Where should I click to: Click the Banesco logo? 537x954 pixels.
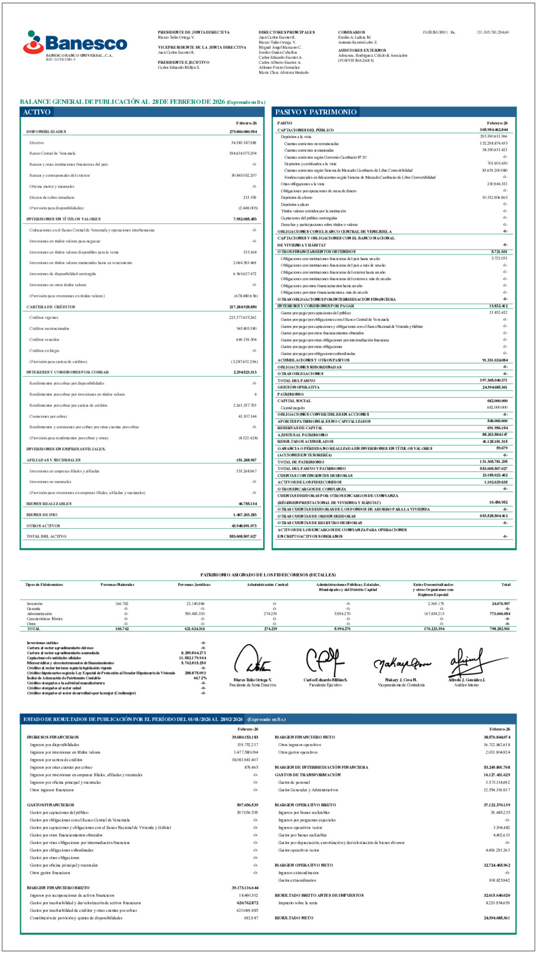click(75, 43)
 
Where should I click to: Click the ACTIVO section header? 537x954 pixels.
click(37, 112)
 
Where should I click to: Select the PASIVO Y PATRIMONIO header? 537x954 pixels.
click(316, 112)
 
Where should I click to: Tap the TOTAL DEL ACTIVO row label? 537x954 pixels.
click(46, 536)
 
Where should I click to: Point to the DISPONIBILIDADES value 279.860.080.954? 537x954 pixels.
click(243, 132)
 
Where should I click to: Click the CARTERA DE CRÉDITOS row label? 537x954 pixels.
click(51, 307)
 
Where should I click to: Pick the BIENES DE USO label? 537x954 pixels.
click(42, 515)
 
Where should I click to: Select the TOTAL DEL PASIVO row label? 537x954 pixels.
click(296, 381)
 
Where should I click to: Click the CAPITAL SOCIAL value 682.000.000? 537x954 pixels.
click(497, 401)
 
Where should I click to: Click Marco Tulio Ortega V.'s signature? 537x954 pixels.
click(252, 660)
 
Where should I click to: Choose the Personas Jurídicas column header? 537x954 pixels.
click(194, 584)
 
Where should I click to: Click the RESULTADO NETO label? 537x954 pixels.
click(294, 918)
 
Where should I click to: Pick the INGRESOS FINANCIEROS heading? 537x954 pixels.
click(53, 737)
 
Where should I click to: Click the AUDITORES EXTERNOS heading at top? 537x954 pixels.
click(362, 50)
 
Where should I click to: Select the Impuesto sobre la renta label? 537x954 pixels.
click(298, 902)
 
